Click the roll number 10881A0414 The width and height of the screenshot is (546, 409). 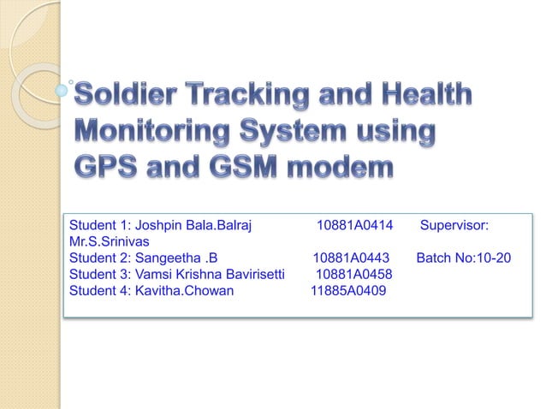click(354, 226)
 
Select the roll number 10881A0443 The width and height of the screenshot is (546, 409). click(351, 258)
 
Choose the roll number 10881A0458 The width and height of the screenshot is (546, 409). click(354, 274)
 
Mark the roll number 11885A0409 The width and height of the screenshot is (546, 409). click(347, 290)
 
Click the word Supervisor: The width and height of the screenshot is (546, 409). click(454, 226)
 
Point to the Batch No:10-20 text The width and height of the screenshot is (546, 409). click(465, 258)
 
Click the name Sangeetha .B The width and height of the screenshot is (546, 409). click(177, 258)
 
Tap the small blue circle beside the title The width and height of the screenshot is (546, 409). click(61, 88)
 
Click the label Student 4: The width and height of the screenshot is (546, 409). click(98, 290)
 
